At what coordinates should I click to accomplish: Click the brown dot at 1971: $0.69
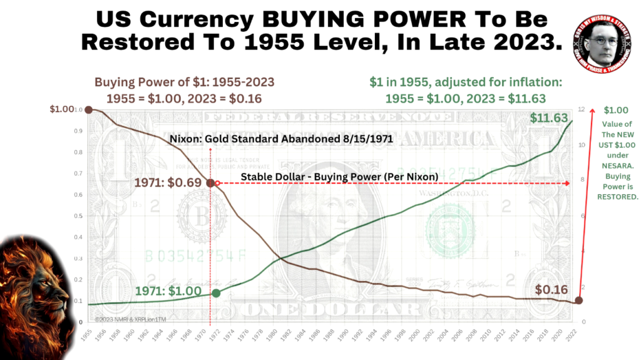pyautogui.click(x=210, y=183)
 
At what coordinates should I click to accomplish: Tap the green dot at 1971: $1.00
pyautogui.click(x=216, y=293)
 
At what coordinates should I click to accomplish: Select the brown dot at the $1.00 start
pyautogui.click(x=89, y=110)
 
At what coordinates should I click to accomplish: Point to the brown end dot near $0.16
pyautogui.click(x=578, y=301)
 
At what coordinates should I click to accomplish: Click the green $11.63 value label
pyautogui.click(x=549, y=117)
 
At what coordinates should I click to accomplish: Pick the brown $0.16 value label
pyautogui.click(x=551, y=290)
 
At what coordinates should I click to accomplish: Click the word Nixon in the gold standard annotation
pyautogui.click(x=185, y=139)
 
